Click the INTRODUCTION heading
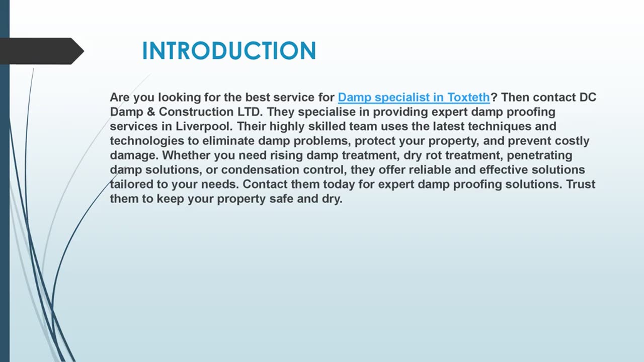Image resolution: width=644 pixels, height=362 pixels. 229,51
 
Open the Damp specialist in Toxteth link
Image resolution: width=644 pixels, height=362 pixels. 414,97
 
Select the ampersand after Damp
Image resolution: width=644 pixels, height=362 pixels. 151,112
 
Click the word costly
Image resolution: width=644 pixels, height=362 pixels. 572,141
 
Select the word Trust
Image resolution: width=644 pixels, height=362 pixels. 581,185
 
